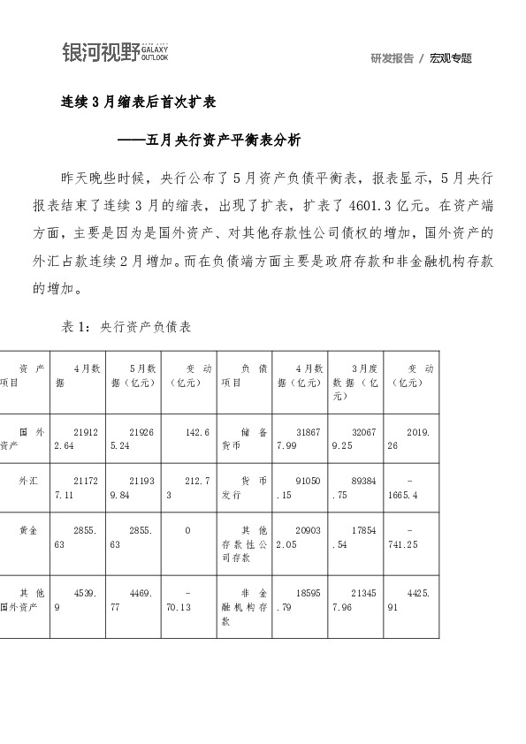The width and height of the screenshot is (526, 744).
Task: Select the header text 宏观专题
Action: coord(451,58)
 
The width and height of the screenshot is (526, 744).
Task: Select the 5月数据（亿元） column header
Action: coord(138,376)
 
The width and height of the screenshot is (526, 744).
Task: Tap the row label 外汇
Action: coord(28,482)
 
